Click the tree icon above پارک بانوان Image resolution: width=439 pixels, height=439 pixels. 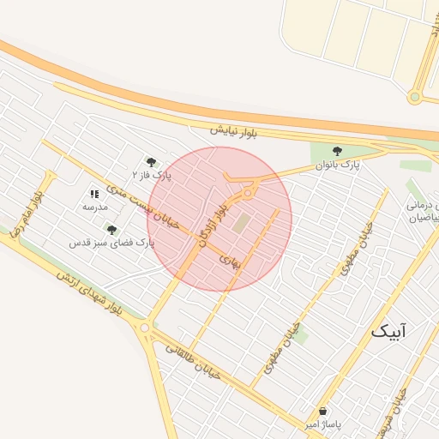(x=337, y=151)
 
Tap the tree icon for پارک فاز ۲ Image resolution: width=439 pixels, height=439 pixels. (x=151, y=161)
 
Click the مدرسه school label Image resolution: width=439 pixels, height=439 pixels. (x=94, y=207)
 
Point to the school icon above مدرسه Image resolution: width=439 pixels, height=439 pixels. (x=94, y=195)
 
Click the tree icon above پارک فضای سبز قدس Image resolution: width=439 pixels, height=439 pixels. (x=111, y=230)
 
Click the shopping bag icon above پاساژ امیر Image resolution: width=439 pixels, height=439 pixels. (x=322, y=412)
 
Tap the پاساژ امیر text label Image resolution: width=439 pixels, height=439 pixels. (x=323, y=424)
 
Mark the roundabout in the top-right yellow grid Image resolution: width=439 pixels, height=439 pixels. (x=415, y=97)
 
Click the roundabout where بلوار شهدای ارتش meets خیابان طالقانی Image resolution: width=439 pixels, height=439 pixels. (x=144, y=327)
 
